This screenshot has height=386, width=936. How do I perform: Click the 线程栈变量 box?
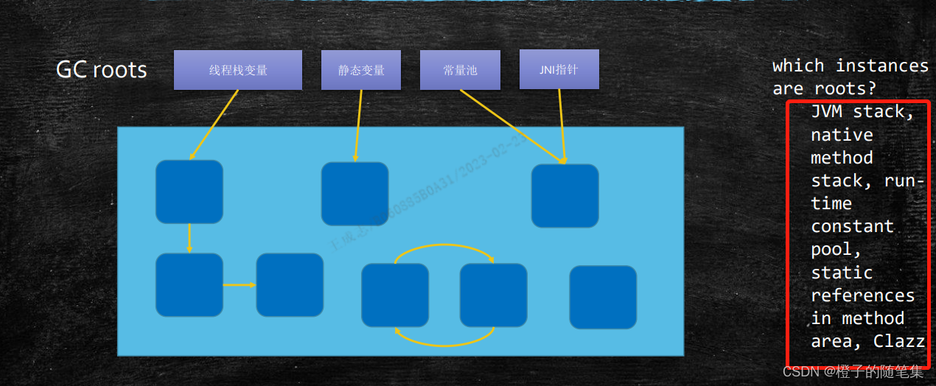(x=237, y=70)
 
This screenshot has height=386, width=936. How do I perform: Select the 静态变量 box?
(x=361, y=70)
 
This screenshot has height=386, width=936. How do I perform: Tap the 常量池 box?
(x=460, y=70)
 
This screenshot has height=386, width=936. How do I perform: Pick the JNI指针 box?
(x=559, y=70)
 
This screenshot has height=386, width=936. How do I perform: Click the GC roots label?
(x=102, y=70)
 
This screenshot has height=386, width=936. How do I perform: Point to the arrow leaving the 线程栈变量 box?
(x=214, y=124)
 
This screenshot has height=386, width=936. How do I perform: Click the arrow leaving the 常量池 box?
(x=512, y=125)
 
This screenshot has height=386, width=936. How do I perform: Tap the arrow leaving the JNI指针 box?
(x=562, y=125)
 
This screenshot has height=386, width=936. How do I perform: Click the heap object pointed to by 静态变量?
(x=355, y=194)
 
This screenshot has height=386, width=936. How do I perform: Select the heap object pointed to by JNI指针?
(x=565, y=195)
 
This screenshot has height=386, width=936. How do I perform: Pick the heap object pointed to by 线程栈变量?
(x=189, y=192)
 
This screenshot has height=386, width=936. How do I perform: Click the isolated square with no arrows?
(x=603, y=297)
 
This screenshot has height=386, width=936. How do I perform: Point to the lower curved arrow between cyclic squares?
(x=444, y=343)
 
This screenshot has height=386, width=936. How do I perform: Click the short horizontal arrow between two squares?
(x=239, y=284)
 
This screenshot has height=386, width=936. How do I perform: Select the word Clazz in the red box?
(x=899, y=341)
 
